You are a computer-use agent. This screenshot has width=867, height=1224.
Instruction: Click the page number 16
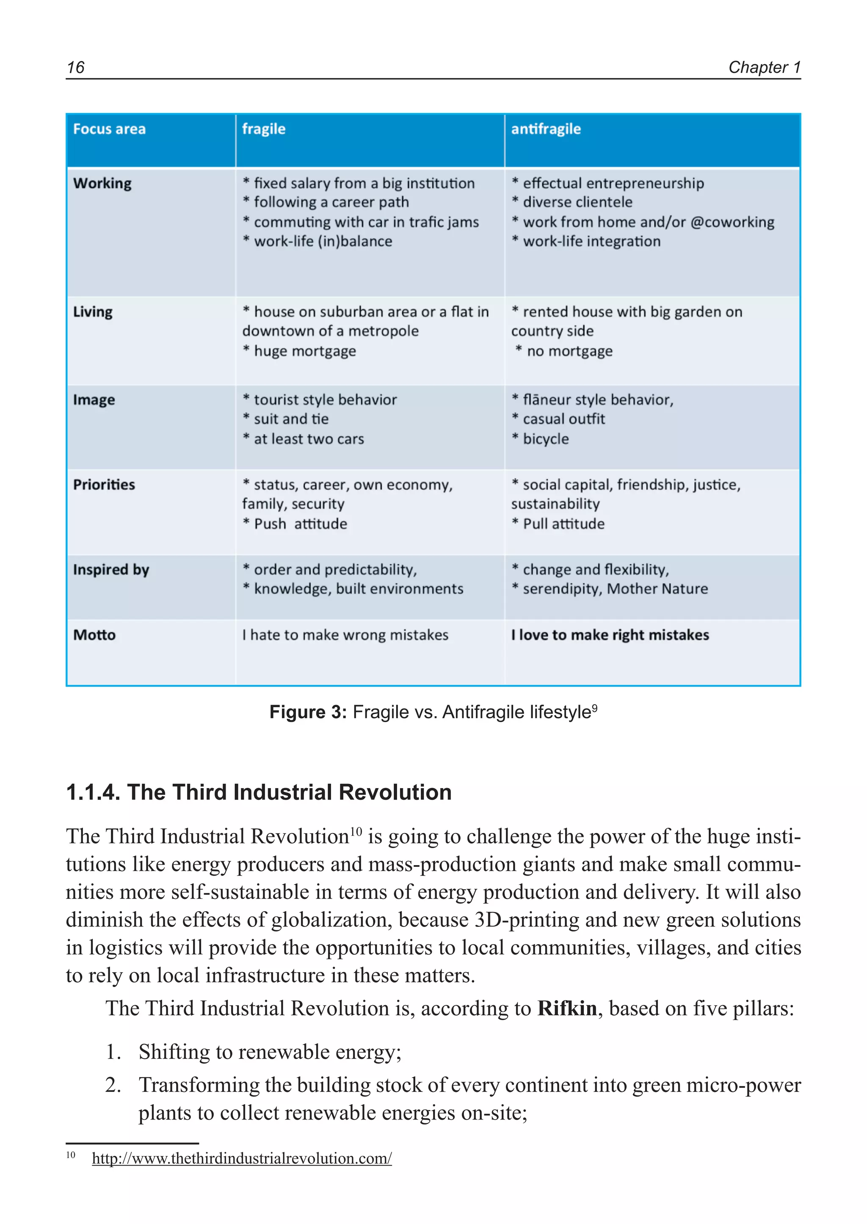click(x=75, y=67)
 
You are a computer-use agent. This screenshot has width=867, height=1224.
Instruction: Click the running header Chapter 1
click(x=764, y=67)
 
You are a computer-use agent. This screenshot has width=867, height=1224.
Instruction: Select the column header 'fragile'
click(x=264, y=129)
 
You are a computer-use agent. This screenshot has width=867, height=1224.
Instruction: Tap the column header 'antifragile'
click(x=546, y=129)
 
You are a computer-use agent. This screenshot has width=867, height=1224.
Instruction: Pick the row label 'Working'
click(x=102, y=184)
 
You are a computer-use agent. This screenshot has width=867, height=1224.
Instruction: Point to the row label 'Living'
click(x=93, y=312)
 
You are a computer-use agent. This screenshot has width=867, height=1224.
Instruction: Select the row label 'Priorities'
click(x=104, y=485)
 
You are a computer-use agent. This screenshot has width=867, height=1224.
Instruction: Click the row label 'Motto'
click(x=94, y=635)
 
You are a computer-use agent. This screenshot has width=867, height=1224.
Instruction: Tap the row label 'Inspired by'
click(x=111, y=570)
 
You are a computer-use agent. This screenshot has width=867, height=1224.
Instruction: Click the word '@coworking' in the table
click(x=732, y=222)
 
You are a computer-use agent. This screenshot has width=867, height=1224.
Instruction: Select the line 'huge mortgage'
click(x=304, y=351)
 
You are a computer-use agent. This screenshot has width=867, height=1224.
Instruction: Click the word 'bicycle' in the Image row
click(x=546, y=439)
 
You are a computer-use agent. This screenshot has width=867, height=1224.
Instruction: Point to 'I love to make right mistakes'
click(x=610, y=635)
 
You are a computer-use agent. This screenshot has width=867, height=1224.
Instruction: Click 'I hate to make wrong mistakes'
click(x=345, y=635)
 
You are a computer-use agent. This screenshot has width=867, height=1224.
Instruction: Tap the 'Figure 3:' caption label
click(x=308, y=712)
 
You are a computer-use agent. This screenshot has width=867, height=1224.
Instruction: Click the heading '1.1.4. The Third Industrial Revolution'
click(x=259, y=792)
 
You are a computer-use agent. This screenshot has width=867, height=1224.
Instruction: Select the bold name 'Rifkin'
click(x=566, y=1008)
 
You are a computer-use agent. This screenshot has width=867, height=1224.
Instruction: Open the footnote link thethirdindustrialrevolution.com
click(x=242, y=1158)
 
